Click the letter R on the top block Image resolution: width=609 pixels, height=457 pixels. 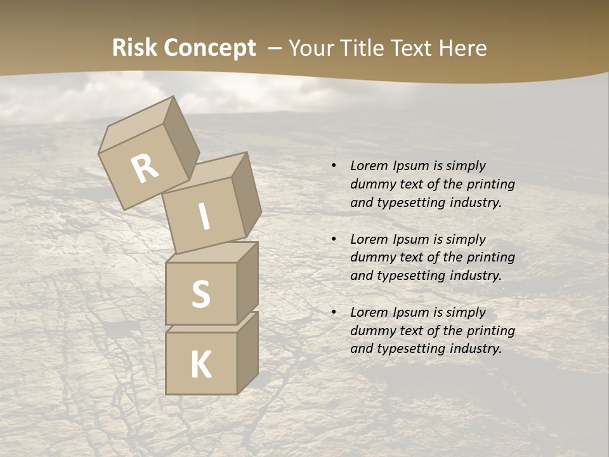[145, 168]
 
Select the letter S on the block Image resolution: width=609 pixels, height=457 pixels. [201, 294]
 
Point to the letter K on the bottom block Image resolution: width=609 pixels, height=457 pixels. [201, 365]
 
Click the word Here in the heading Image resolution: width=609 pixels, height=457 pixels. [461, 48]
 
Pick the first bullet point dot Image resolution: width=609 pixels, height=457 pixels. [334, 166]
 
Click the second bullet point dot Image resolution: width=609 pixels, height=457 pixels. [334, 239]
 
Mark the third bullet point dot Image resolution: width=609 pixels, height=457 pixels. [334, 312]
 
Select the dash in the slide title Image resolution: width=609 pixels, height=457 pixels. [275, 48]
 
